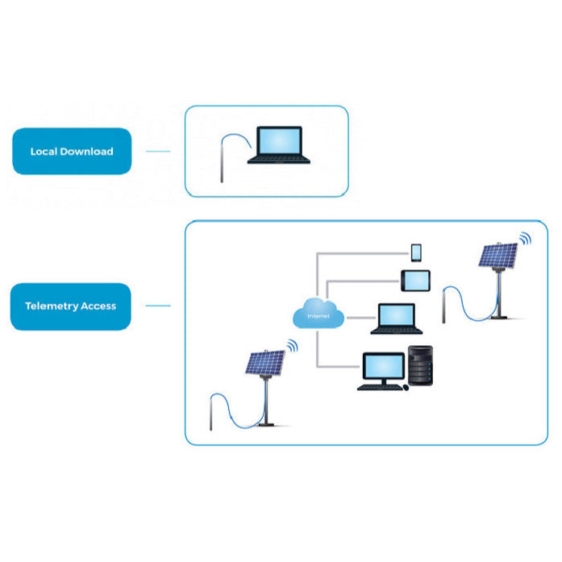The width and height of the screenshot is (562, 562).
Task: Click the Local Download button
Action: [x=72, y=152]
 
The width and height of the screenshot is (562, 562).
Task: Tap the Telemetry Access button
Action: [x=71, y=306]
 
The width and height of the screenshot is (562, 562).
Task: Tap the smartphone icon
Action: [x=416, y=252]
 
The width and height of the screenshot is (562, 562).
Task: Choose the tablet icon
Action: [x=416, y=281]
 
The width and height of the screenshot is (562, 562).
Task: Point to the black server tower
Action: [x=421, y=366]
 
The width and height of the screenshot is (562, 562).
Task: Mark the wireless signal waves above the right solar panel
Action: [x=526, y=239]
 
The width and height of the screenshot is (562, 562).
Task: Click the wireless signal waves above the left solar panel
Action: [x=291, y=347]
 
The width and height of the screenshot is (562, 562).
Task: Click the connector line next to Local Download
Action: [x=158, y=152]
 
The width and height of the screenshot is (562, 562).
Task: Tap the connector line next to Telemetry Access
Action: [x=158, y=306]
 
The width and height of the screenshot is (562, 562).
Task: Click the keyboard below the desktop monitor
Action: [x=380, y=388]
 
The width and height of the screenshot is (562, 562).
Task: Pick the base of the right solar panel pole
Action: [x=500, y=316]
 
